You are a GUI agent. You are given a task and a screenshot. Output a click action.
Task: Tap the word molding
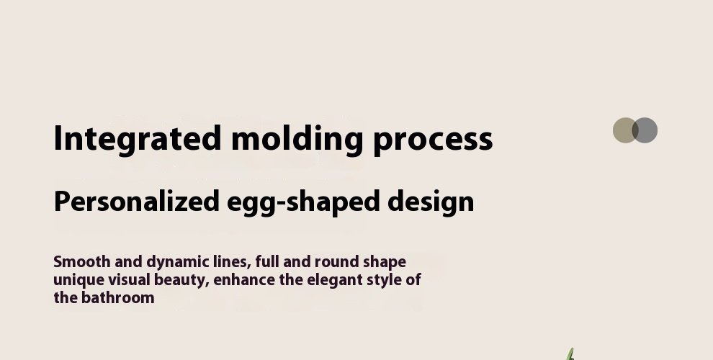tap(297, 140)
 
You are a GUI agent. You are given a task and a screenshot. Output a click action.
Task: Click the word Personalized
tap(137, 202)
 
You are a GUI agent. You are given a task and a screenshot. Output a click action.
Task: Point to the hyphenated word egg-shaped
tap(303, 203)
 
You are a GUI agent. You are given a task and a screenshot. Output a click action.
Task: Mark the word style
tap(385, 281)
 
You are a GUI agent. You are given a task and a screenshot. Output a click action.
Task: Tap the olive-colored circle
tap(624, 130)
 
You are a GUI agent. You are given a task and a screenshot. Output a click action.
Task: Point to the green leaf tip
tap(572, 349)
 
